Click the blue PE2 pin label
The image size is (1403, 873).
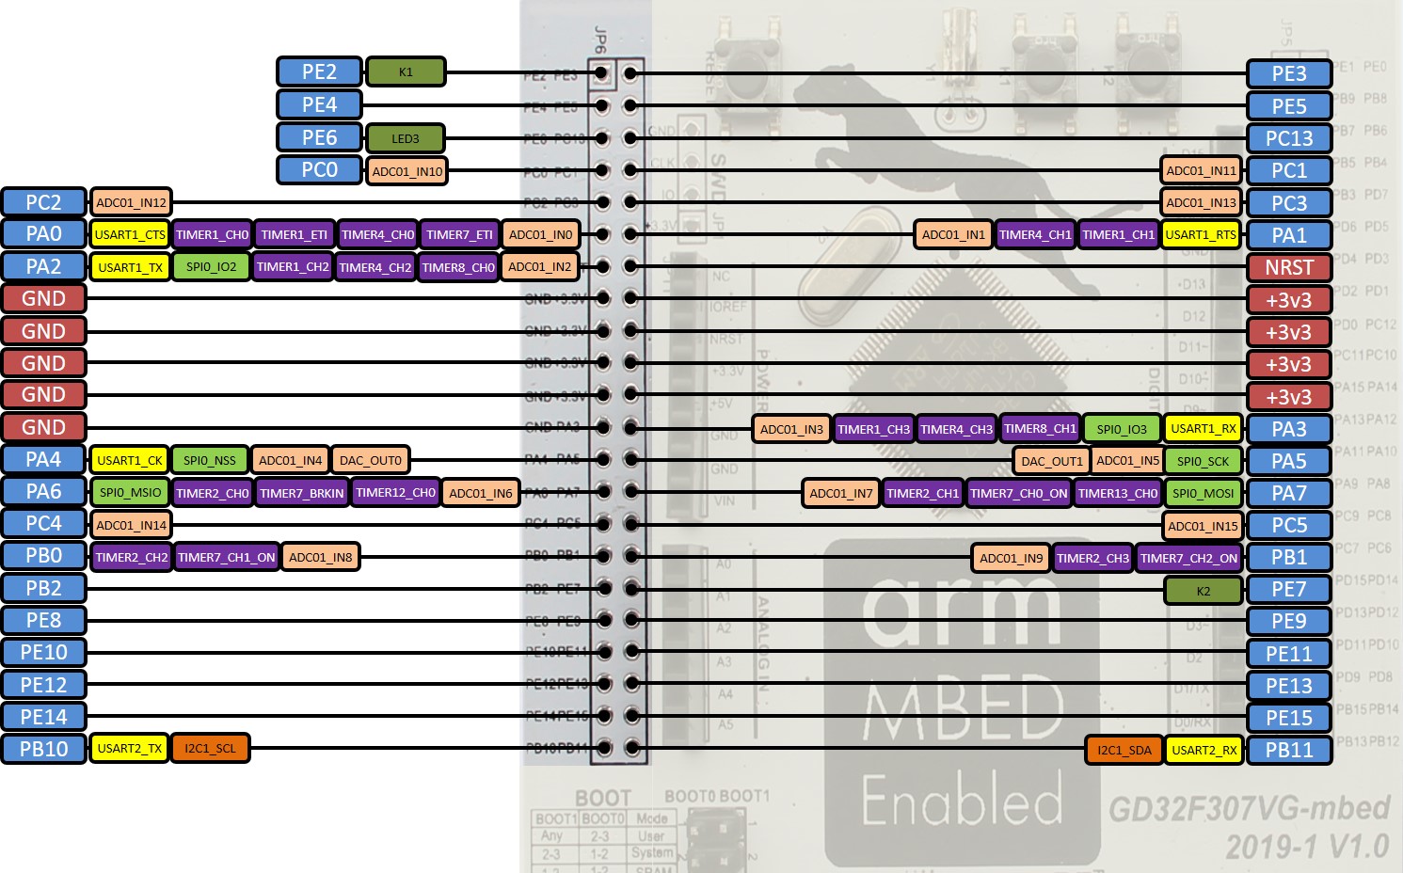(x=319, y=71)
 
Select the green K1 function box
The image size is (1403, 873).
(x=406, y=71)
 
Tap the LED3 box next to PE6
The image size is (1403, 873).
(x=405, y=138)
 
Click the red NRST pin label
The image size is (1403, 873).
(x=1288, y=267)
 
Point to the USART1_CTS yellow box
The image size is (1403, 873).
(x=130, y=234)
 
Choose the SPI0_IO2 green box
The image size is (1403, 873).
(x=211, y=267)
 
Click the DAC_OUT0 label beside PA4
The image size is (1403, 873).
(x=370, y=460)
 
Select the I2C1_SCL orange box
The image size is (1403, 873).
(x=210, y=749)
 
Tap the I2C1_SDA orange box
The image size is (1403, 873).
(x=1124, y=750)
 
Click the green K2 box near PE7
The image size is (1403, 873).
(x=1203, y=591)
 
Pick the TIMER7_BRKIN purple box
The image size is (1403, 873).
(x=301, y=493)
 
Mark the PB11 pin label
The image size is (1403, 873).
(x=1288, y=750)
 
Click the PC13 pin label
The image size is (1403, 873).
(x=1288, y=138)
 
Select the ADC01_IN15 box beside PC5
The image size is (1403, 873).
(x=1203, y=526)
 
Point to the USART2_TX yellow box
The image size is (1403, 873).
(x=130, y=749)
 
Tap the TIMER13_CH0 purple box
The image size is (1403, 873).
(x=1117, y=493)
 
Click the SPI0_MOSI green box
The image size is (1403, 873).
(x=1204, y=493)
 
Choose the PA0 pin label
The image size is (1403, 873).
(x=43, y=233)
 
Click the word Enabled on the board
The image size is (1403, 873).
(x=962, y=801)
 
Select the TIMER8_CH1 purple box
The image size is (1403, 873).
(x=1039, y=429)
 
